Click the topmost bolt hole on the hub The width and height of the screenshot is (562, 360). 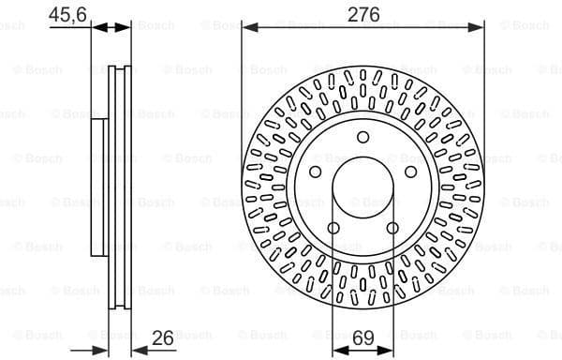pos(363,138)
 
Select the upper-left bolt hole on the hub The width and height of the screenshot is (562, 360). pos(317,172)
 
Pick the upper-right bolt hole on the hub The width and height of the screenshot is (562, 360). pos(410,172)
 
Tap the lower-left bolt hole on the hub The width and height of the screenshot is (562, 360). pos(334,228)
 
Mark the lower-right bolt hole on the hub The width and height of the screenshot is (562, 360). pos(392,228)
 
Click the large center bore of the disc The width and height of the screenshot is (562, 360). pos(363,187)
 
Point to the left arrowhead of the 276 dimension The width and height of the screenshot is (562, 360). pos(248,28)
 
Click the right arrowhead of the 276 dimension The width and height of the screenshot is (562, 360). pos(480,28)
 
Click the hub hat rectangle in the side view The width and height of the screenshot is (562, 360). pos(100,187)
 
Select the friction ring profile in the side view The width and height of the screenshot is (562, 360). pos(120,187)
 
